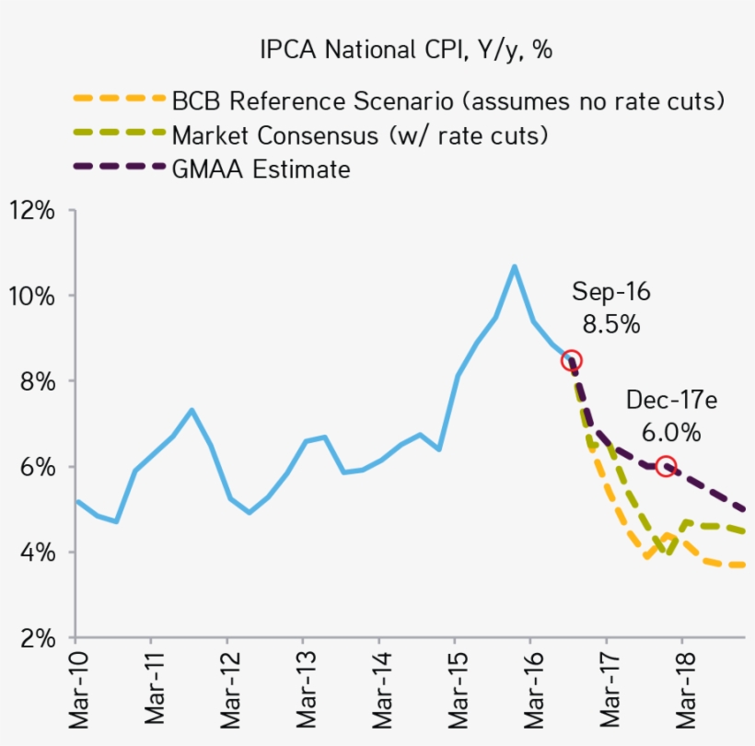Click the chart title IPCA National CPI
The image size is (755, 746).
coord(405,50)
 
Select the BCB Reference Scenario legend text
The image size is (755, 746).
coord(447,99)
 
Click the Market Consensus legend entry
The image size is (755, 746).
coord(360,134)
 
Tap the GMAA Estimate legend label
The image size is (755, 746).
coord(261,169)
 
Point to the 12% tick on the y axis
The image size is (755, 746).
coord(31,210)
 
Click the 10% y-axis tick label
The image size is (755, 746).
coord(31,296)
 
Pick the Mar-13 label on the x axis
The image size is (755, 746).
coord(303,691)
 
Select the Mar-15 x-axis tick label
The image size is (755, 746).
coord(455,691)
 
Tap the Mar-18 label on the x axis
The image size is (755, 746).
coord(682,691)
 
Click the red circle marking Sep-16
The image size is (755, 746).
coord(571,360)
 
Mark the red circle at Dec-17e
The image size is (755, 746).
coord(666,466)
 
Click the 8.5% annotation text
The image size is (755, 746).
coord(610,324)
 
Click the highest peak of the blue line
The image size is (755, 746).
coord(514,266)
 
